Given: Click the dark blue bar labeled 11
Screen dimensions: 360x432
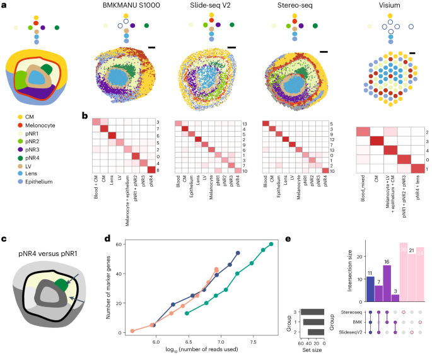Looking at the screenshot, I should pyautogui.click(x=370, y=287).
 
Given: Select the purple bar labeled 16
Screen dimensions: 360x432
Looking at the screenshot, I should pyautogui.click(x=387, y=279).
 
